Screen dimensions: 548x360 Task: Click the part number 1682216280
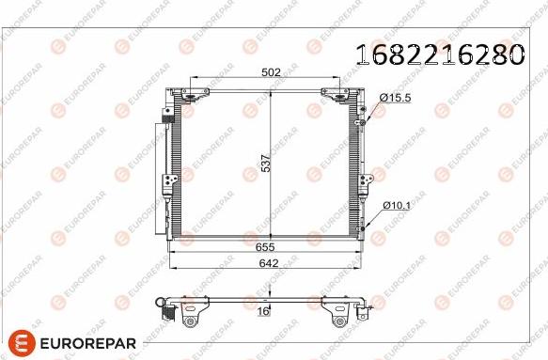click(x=440, y=55)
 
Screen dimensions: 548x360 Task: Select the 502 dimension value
click(x=271, y=72)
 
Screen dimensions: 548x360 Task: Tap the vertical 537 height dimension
click(x=266, y=164)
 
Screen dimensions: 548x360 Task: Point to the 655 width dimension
click(x=265, y=247)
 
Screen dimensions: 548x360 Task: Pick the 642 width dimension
click(x=269, y=263)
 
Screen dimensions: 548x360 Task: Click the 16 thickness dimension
click(x=265, y=311)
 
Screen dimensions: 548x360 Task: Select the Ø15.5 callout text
click(x=396, y=98)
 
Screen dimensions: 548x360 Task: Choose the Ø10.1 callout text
click(x=397, y=206)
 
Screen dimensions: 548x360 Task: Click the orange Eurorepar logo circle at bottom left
click(x=22, y=342)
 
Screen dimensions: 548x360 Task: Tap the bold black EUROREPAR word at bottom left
click(x=88, y=343)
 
